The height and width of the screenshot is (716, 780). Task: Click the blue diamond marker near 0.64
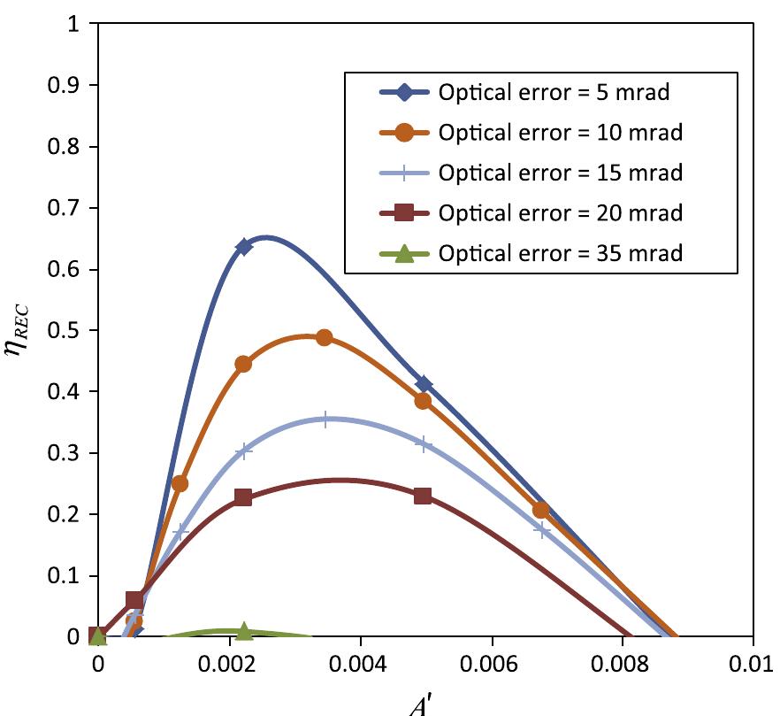pos(244,247)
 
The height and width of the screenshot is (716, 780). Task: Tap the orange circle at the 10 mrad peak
pos(324,337)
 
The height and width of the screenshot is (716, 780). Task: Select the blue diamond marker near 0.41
pos(424,384)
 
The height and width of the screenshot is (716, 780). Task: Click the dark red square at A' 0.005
pos(423,496)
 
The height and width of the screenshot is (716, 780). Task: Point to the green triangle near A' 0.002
pos(244,631)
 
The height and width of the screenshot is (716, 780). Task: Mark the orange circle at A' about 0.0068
pos(541,510)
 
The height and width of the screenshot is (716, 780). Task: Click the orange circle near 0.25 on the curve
pos(180,483)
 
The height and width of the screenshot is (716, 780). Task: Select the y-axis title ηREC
pos(19,329)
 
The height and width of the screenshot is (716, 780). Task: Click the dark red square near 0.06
pos(134,601)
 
